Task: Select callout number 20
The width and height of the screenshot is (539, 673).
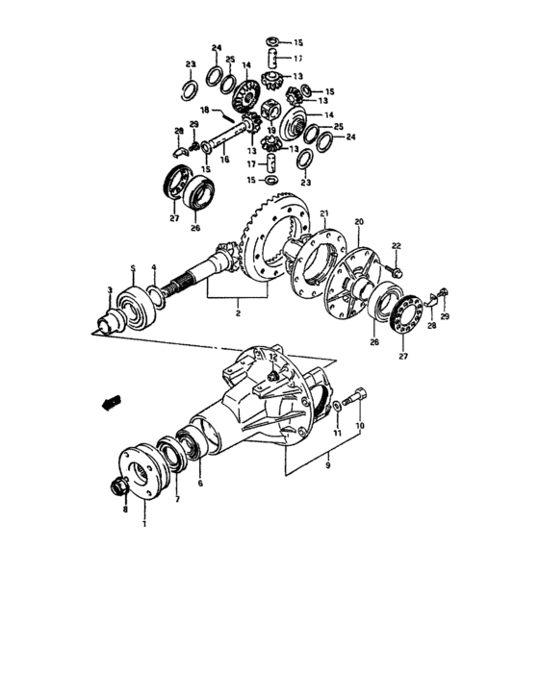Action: (358, 222)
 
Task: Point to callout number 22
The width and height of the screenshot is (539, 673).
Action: (395, 245)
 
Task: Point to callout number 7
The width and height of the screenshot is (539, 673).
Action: (176, 500)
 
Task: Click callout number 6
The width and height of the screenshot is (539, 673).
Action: (199, 485)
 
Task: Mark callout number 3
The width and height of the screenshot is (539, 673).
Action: (110, 289)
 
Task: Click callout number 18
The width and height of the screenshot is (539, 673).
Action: (205, 111)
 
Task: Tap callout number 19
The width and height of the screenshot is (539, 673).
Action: (270, 130)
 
